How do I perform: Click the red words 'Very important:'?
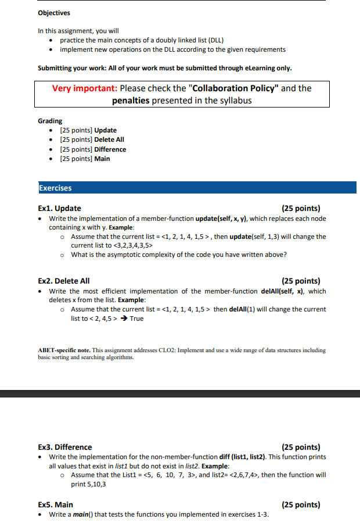(85, 88)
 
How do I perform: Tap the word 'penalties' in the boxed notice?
(131, 100)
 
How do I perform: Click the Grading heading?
(50, 121)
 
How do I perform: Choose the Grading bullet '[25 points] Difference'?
(93, 149)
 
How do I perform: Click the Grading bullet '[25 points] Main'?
(85, 159)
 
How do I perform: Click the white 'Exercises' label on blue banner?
(55, 188)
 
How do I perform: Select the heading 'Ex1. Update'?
(59, 208)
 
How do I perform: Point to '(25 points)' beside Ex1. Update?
(300, 208)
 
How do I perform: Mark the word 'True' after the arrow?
(137, 318)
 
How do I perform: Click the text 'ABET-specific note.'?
(64, 350)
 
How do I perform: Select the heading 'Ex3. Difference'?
(64, 447)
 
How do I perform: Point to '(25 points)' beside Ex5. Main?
(300, 504)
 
